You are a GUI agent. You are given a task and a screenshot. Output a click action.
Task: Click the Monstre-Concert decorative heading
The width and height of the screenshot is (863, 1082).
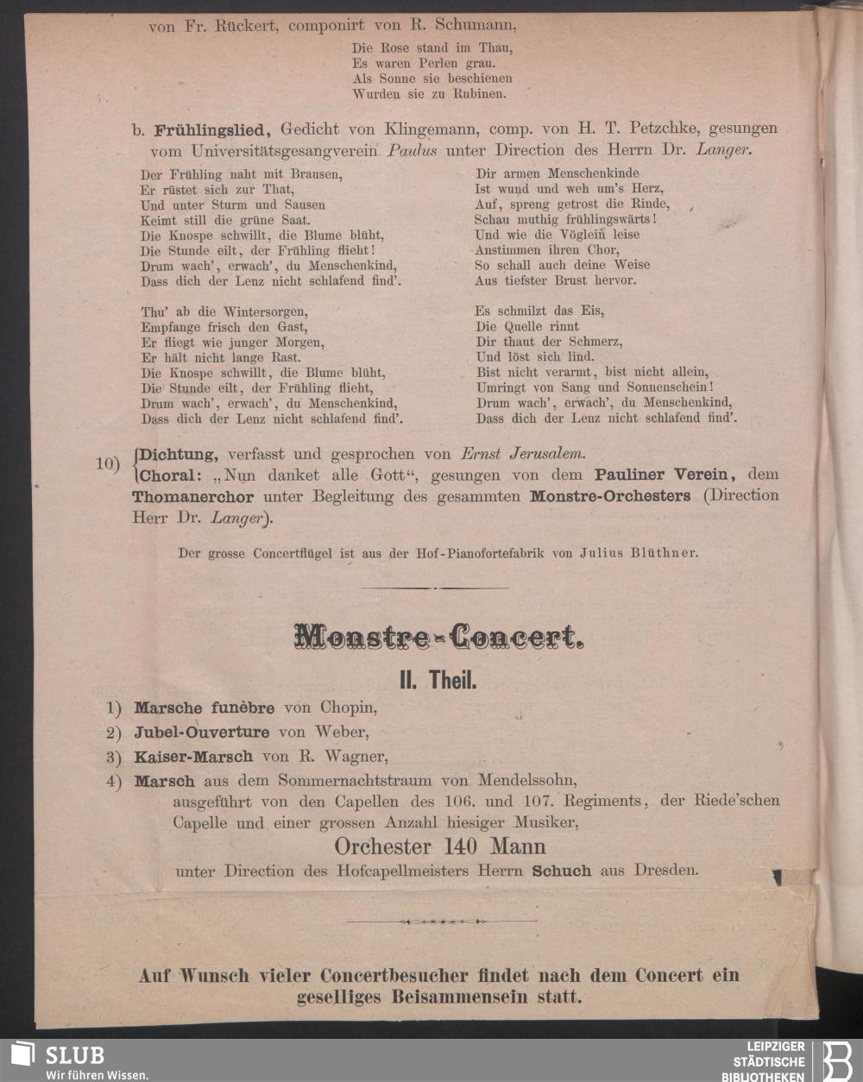click(438, 637)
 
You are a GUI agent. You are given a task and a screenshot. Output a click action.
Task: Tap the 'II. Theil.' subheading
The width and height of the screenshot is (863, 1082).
click(438, 681)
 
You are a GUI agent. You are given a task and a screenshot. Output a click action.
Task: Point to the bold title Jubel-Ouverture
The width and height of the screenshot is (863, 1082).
click(201, 733)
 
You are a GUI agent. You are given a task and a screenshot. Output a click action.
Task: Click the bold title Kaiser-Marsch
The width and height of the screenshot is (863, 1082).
click(193, 757)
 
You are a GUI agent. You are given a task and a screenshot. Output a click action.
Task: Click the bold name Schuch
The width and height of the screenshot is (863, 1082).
click(562, 871)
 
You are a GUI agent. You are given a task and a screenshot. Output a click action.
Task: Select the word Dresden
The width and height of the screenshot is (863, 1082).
click(665, 870)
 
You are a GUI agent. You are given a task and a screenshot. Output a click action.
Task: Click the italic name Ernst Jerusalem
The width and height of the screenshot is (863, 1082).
click(522, 454)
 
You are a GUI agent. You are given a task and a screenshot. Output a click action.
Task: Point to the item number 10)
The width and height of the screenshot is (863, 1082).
click(107, 463)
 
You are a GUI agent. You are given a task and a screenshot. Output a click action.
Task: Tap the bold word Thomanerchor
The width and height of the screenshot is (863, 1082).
click(192, 497)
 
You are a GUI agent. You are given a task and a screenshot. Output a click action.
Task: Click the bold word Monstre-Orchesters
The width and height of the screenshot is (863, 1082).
click(610, 496)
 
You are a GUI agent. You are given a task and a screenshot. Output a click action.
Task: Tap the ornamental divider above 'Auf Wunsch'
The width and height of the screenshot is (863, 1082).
click(441, 922)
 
